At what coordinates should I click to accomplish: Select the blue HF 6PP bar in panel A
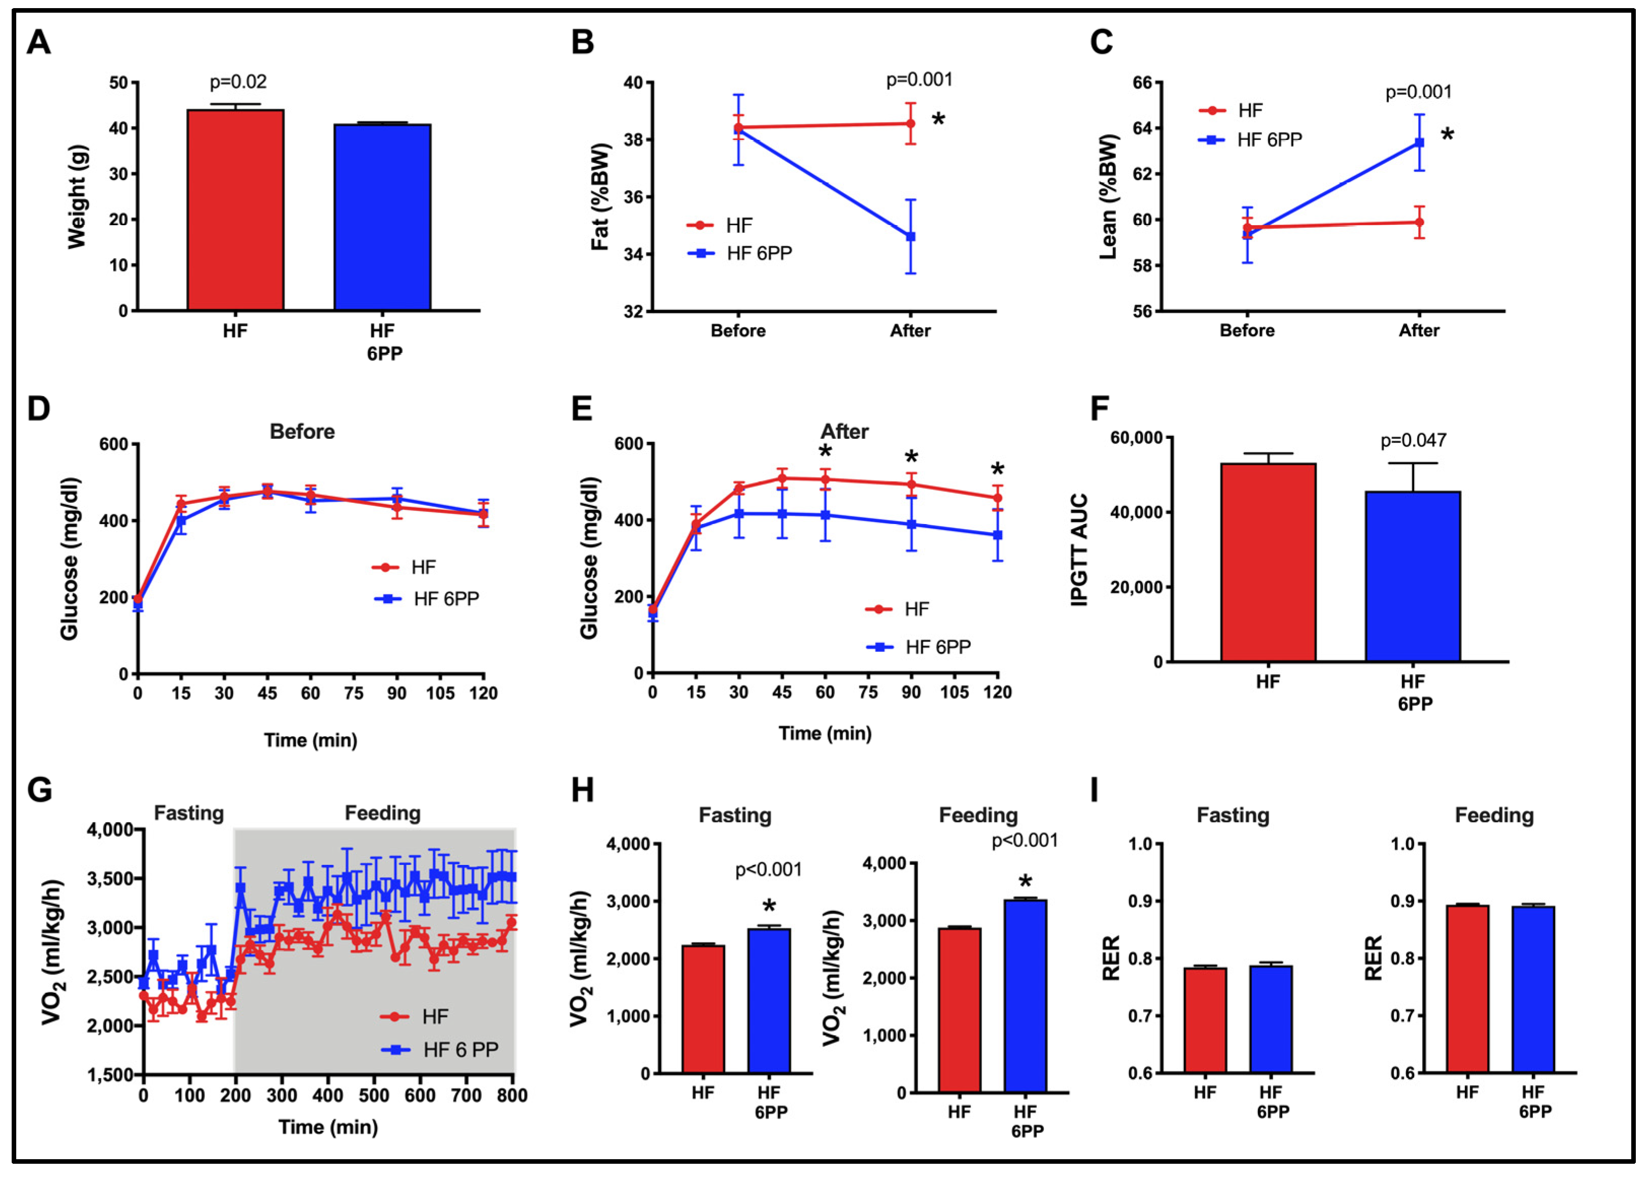(382, 218)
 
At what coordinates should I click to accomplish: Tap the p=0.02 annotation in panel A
(238, 82)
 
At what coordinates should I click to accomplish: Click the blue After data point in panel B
(910, 236)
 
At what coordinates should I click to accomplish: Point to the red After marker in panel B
(910, 124)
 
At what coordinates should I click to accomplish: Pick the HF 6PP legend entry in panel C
(1269, 140)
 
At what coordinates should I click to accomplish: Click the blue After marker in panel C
(1419, 143)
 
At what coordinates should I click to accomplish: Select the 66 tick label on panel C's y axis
(1142, 83)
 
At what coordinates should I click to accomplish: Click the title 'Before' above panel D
(302, 431)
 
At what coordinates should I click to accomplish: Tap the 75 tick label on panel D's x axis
(354, 693)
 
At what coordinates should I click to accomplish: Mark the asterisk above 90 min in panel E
(911, 458)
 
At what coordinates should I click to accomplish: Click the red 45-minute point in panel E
(782, 478)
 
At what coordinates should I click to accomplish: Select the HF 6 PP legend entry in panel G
(460, 1050)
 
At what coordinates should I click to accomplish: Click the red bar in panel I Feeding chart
(1467, 989)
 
